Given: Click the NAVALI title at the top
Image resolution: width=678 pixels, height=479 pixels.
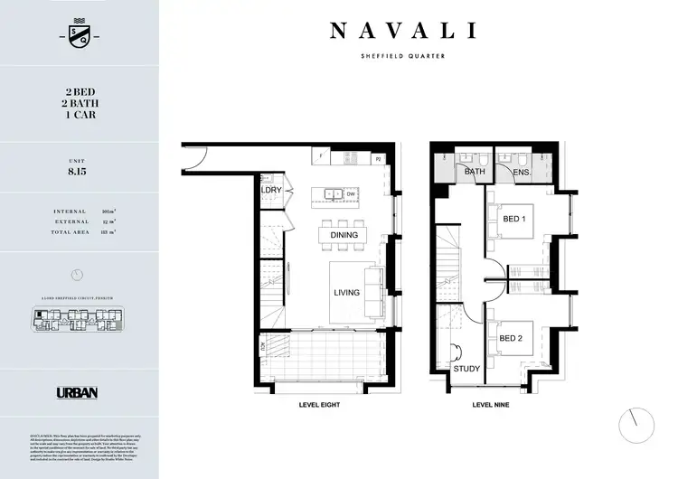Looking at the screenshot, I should (402, 31).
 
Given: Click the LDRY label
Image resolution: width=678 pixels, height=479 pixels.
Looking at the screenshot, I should (270, 192).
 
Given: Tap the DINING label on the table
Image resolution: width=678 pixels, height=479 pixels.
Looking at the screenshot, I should (344, 235).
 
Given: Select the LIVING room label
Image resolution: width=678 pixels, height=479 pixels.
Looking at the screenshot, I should (346, 293).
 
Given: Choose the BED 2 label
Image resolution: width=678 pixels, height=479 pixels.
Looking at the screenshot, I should (513, 339).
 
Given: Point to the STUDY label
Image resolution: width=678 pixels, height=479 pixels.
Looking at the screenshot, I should (467, 369).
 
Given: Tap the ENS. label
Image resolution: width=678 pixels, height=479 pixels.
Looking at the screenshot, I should (522, 172).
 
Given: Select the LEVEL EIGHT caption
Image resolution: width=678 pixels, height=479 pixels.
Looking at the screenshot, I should (321, 406).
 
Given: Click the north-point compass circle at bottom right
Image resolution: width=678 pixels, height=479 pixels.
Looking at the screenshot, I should (636, 422).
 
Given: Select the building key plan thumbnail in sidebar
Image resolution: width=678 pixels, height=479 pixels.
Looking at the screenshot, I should (79, 321).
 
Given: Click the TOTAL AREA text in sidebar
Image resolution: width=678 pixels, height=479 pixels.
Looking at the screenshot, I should (71, 232).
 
